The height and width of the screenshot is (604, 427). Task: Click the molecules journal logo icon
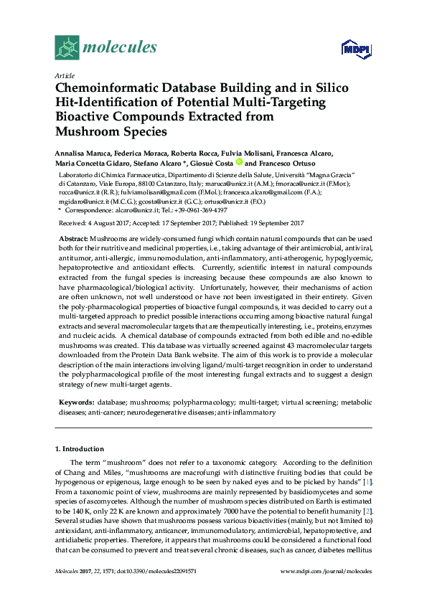[x=67, y=48]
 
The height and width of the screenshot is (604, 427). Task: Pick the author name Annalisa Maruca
[x=84, y=154]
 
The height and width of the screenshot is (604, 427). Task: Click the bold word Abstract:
[x=73, y=237]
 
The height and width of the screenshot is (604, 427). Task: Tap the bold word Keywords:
[x=75, y=403]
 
